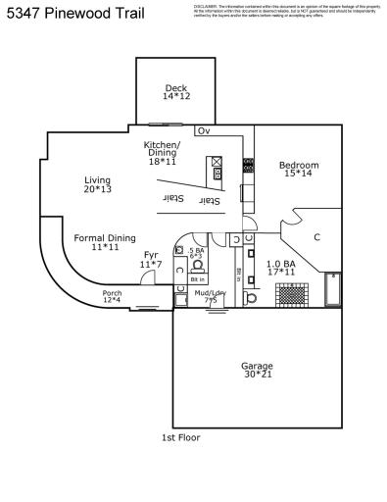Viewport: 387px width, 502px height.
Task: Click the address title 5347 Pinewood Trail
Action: pos(73,14)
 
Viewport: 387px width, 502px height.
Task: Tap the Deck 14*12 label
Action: pos(175,93)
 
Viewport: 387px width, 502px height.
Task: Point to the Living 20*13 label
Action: pos(97,184)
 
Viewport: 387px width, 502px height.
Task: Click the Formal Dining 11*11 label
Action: pos(106,242)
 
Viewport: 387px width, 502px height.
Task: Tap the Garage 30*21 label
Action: pos(257,371)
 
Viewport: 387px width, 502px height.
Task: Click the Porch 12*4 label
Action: pos(113,296)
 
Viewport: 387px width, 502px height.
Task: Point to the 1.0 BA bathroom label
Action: pos(280,268)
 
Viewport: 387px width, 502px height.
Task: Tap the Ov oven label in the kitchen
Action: pos(204,131)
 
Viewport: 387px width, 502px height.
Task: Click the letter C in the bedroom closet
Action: pos(316,237)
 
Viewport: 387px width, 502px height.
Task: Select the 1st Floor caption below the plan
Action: pos(180,437)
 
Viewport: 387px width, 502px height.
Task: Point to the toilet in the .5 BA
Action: pos(197,265)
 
